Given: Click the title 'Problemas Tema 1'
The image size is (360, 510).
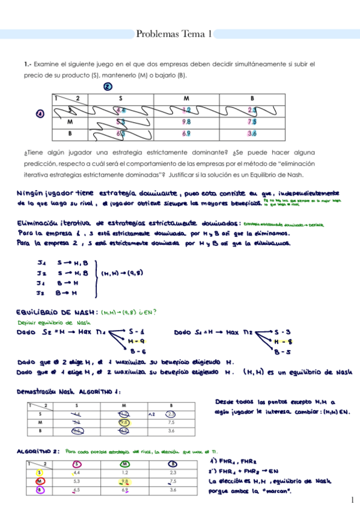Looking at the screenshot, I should [x=174, y=34].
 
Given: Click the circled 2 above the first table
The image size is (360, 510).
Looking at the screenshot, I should [x=107, y=87].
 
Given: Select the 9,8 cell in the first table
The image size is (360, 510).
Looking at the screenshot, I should [x=186, y=121].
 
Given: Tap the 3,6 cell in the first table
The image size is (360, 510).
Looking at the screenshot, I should [x=252, y=133].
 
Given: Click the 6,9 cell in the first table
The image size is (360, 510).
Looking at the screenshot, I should [x=186, y=133].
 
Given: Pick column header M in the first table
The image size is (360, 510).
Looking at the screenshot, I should [x=186, y=98].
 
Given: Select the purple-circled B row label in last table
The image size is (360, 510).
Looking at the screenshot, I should [x=39, y=490].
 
